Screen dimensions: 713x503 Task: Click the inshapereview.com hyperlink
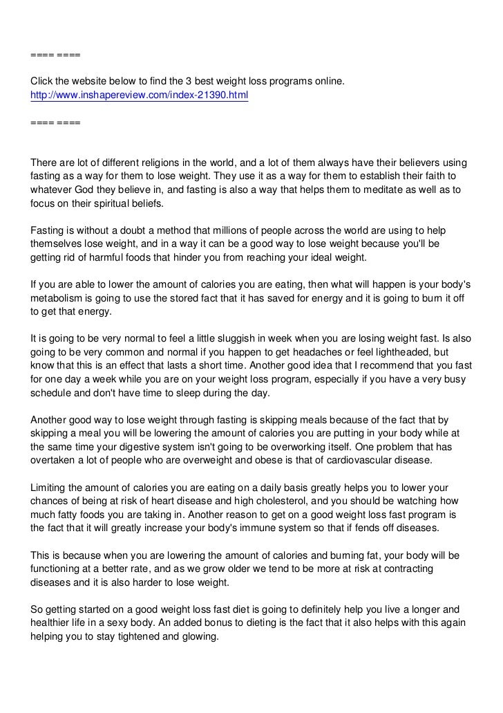[139, 96]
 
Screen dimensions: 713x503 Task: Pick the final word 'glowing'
[198, 636]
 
